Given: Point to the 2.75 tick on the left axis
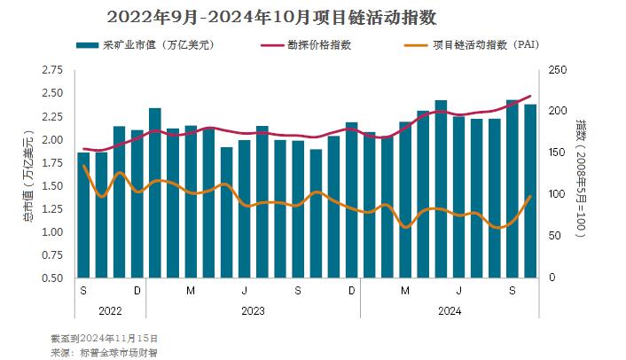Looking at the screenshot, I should [x=52, y=70].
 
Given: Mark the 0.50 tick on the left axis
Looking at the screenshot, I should [x=52, y=278].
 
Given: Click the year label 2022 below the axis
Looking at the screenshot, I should [x=110, y=310].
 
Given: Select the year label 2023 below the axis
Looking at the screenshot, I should [x=253, y=310].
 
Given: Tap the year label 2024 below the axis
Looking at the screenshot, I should [x=450, y=310].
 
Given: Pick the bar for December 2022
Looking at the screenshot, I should [x=137, y=204].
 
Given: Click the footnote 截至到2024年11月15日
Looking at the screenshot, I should [x=106, y=338].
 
